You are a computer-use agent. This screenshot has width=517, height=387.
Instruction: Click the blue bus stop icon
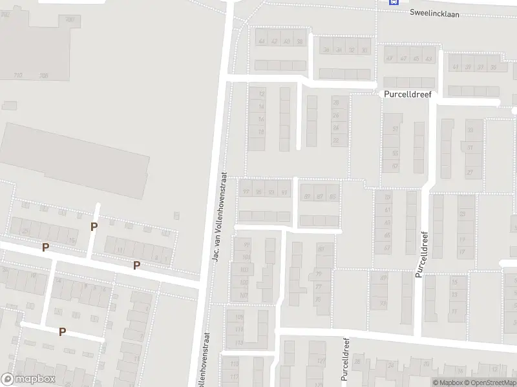(392, 2)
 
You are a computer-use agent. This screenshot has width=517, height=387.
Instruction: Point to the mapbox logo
(28, 379)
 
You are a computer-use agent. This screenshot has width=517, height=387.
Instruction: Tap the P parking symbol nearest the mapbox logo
(63, 332)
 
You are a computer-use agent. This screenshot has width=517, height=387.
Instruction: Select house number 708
(44, 75)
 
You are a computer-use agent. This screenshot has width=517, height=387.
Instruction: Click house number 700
(70, 21)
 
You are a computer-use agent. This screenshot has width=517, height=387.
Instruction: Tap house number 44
(262, 41)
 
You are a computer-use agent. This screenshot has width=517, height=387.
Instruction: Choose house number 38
(299, 41)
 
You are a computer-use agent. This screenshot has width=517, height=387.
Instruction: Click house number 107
(244, 295)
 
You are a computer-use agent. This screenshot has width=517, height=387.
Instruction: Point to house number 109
(240, 317)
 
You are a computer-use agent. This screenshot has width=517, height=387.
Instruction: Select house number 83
(321, 249)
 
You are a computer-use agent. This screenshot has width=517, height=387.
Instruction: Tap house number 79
(318, 274)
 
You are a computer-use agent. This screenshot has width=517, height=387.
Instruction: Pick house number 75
(317, 299)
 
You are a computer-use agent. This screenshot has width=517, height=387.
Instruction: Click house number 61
(388, 210)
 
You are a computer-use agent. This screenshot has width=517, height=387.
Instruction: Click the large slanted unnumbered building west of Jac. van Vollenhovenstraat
(76, 156)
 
